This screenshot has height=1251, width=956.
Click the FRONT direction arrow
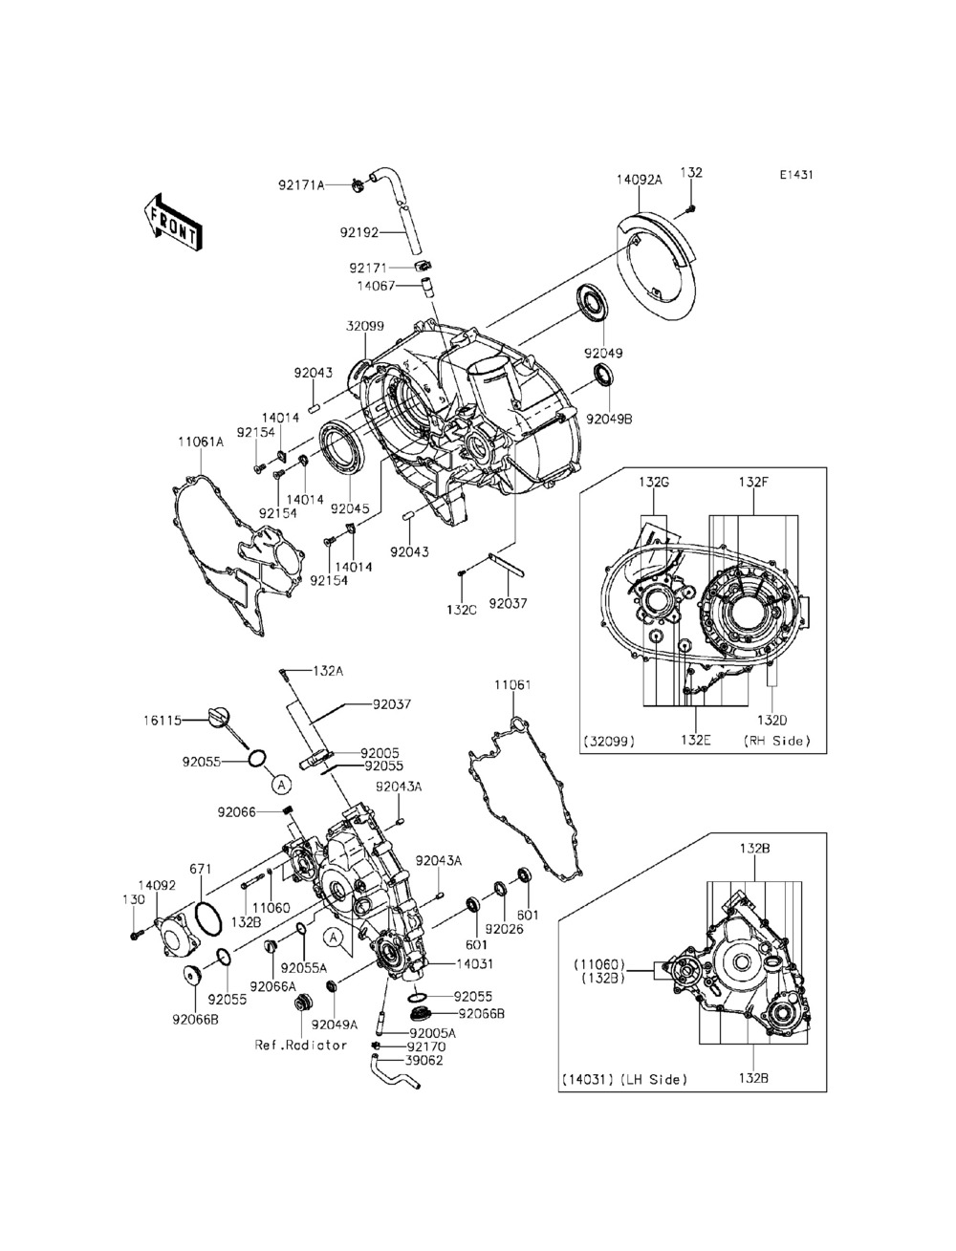(x=172, y=223)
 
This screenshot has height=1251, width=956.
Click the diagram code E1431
(x=796, y=175)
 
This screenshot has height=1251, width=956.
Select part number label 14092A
(x=639, y=180)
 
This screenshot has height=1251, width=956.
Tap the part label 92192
(x=359, y=232)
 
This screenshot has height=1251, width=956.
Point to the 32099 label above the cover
(x=365, y=326)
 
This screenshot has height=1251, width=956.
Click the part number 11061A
(x=201, y=442)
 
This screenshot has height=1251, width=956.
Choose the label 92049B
(x=609, y=419)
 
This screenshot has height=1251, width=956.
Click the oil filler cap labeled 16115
(x=219, y=717)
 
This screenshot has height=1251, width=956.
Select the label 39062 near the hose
(x=424, y=1060)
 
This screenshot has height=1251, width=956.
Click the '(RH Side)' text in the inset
(x=776, y=741)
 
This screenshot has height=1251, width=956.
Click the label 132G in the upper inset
(x=653, y=482)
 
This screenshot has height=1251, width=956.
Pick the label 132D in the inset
(x=772, y=720)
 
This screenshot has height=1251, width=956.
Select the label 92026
(x=505, y=928)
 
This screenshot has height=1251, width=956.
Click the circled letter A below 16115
(x=281, y=785)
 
